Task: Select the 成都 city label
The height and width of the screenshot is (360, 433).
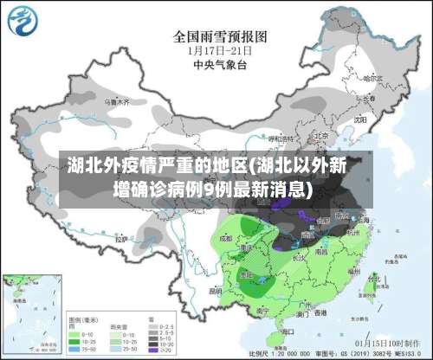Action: [226, 237]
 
